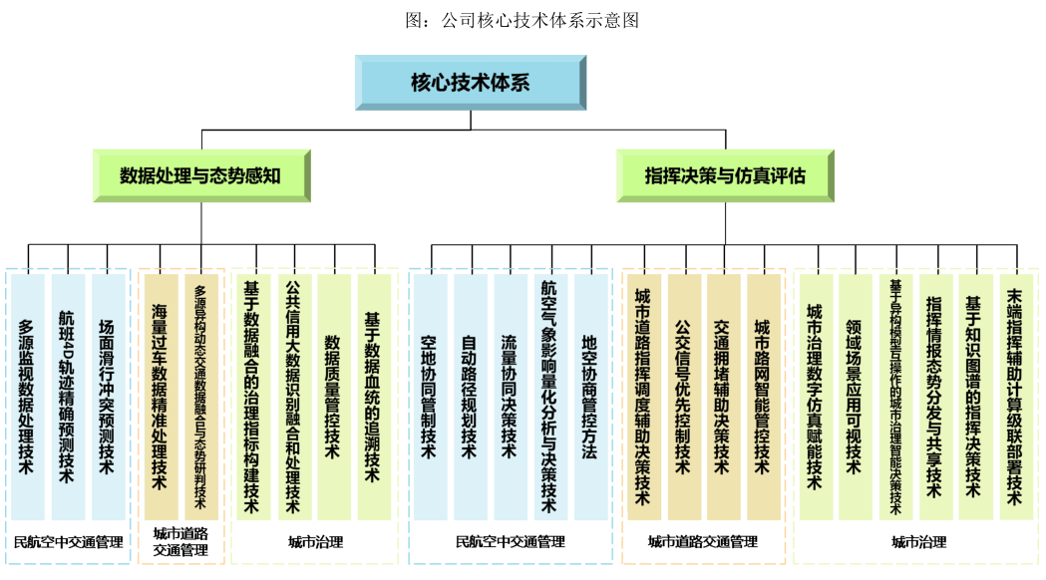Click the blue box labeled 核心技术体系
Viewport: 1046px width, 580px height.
pyautogui.click(x=470, y=83)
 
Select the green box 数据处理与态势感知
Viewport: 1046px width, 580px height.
pyautogui.click(x=200, y=176)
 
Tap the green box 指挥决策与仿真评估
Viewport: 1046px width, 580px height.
pyautogui.click(x=724, y=176)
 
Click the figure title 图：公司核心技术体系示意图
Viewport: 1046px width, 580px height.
pyautogui.click(x=523, y=19)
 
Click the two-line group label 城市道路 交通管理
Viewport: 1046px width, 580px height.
pyautogui.click(x=179, y=541)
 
